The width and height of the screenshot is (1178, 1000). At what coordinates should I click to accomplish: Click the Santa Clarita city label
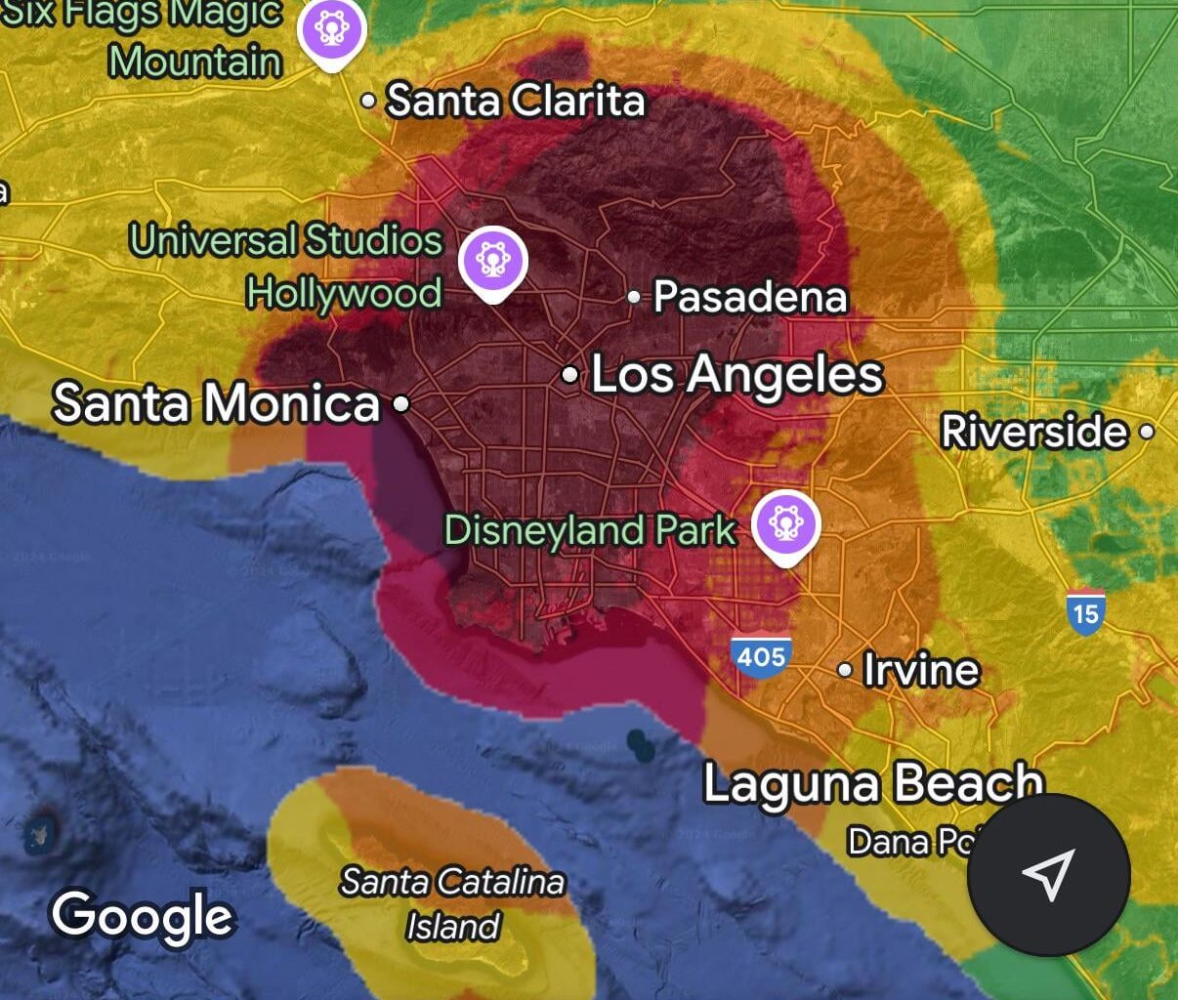point(516,101)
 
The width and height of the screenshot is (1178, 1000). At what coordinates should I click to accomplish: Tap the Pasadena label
point(749,297)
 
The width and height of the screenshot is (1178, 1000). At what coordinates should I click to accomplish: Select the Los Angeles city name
point(737,375)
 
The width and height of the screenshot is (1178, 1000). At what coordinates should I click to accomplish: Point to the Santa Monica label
point(216,403)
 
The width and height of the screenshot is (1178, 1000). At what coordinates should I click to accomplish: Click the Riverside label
point(1034,431)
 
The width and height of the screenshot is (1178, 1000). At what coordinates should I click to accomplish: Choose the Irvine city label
point(920,670)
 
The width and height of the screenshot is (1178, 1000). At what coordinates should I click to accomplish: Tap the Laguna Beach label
point(872,783)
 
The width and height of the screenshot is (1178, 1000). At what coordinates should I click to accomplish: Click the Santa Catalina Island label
point(452,903)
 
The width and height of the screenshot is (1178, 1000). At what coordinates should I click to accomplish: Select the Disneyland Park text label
point(590,529)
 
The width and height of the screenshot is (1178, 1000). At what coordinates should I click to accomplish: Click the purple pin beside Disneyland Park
point(786,525)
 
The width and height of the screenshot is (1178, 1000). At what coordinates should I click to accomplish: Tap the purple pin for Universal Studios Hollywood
point(493,261)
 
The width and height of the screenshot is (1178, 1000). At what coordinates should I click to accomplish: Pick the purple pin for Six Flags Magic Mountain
point(332,30)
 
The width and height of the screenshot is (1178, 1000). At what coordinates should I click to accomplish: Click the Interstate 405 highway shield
point(761,655)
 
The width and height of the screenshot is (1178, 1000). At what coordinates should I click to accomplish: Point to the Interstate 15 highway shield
point(1085,612)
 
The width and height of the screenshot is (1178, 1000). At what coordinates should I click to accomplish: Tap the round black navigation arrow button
point(1048,875)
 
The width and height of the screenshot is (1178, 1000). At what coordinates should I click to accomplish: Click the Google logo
point(143,916)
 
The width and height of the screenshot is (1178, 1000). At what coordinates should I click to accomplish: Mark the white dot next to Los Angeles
point(570,375)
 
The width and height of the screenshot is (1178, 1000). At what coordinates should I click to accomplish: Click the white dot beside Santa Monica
point(400,403)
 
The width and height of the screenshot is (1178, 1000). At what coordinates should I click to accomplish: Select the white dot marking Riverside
point(1147,431)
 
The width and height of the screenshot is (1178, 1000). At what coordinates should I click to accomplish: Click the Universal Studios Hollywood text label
point(286,266)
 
